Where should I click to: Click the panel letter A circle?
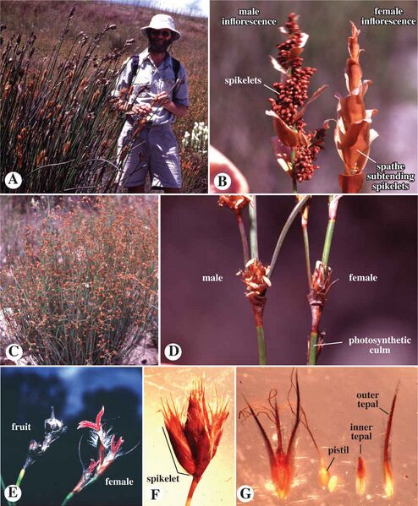[14, 180]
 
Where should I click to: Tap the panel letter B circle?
[223, 181]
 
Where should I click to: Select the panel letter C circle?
[14, 351]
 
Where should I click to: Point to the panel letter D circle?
[174, 351]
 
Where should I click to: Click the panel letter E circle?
[13, 493]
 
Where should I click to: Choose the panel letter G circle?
[247, 493]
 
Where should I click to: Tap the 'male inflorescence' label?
[249, 16]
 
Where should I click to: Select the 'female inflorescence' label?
[388, 16]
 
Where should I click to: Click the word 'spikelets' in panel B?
[243, 79]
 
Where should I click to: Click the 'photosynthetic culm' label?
[380, 345]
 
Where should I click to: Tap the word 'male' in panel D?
[212, 278]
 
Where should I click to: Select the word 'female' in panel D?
[363, 277]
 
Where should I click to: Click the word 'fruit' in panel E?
[21, 427]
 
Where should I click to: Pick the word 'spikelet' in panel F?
[163, 479]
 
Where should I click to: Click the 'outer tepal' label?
[368, 400]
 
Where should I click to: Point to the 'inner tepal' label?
[361, 432]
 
